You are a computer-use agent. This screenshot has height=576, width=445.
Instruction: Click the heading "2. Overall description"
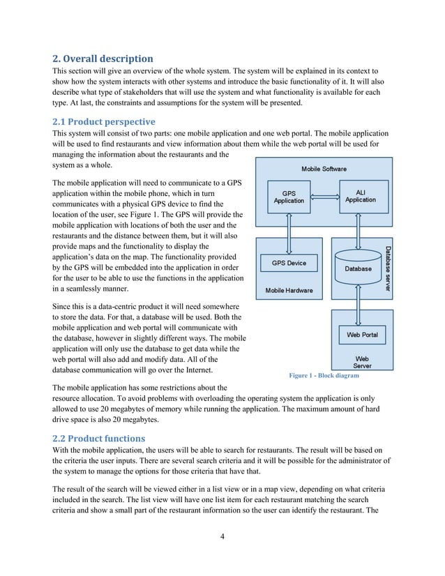[103, 58]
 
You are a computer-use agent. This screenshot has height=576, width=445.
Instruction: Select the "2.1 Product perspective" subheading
[102, 121]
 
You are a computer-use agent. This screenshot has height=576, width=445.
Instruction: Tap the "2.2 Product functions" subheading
[98, 439]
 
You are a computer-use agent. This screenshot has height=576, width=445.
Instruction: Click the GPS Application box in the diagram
[289, 196]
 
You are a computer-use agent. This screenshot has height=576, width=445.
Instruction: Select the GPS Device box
[289, 264]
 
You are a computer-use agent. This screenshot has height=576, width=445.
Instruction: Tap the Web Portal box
[362, 335]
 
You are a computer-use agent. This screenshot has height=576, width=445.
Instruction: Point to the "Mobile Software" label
[324, 169]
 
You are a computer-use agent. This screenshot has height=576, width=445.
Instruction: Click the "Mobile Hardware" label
[289, 290]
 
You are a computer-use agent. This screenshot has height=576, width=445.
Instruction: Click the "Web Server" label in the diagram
[362, 362]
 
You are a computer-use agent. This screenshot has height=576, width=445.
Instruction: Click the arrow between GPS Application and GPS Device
[289, 230]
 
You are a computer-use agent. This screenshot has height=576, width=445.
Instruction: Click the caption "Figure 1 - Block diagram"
[324, 376]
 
